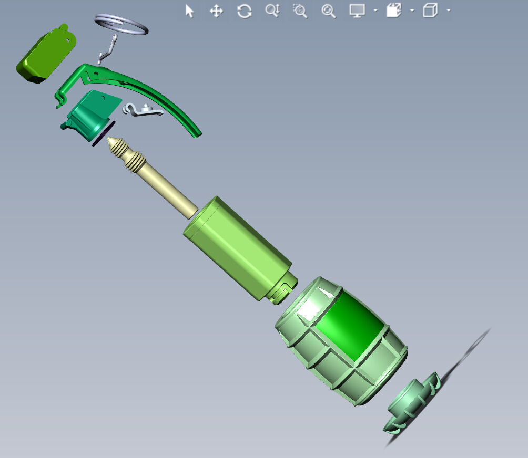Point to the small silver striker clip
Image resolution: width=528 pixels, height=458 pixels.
click(142, 110)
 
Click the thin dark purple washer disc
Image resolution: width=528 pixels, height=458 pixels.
click(103, 134)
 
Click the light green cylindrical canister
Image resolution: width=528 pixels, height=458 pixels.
click(237, 247)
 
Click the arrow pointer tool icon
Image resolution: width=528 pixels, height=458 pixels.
click(189, 11)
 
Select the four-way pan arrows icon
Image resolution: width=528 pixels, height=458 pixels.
click(216, 11)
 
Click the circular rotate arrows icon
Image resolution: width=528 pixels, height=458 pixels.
click(244, 11)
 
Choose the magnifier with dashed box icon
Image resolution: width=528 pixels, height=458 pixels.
click(300, 11)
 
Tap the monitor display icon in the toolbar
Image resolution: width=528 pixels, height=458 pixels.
click(357, 11)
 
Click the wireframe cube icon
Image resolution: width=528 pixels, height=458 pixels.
click(430, 11)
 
